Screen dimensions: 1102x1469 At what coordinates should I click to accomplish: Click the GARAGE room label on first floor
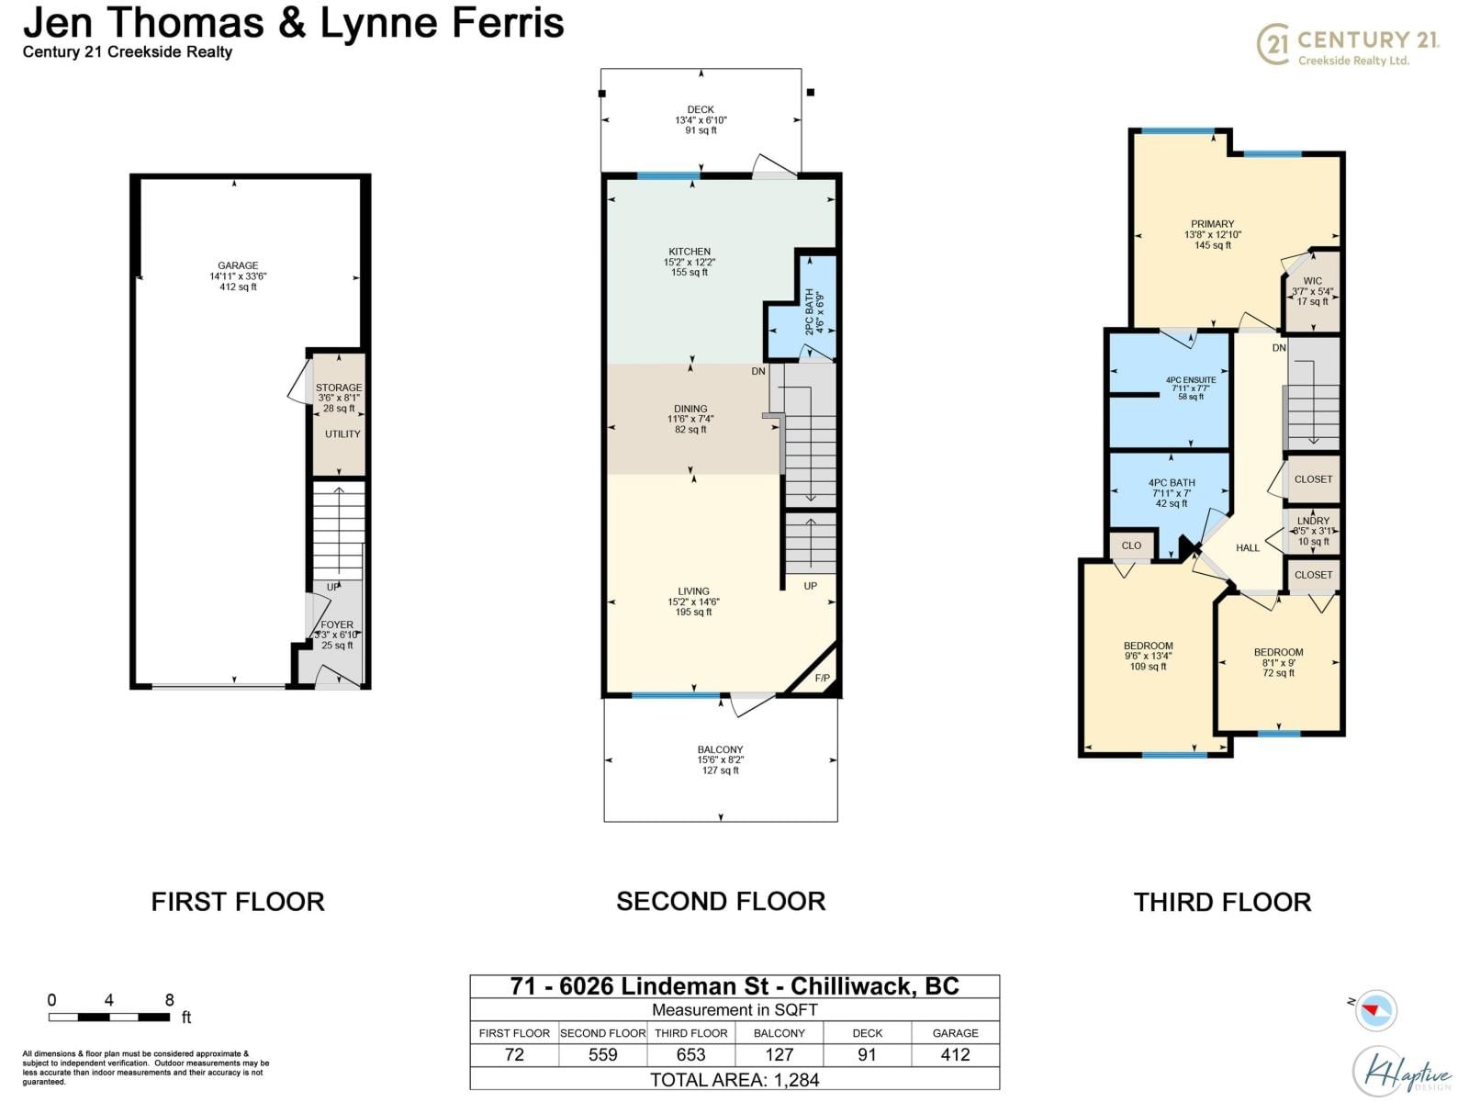click(x=238, y=265)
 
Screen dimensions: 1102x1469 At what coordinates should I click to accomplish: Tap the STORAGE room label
click(x=339, y=388)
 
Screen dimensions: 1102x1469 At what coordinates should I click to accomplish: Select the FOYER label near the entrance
click(x=337, y=624)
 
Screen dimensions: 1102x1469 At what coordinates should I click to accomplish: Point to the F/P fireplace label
click(x=822, y=679)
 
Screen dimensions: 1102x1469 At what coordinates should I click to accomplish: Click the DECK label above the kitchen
click(x=701, y=109)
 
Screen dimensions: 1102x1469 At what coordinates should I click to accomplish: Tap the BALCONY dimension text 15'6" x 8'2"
click(x=721, y=760)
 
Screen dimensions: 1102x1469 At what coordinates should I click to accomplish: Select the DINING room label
click(x=690, y=409)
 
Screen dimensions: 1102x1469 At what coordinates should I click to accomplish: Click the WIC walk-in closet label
click(x=1313, y=281)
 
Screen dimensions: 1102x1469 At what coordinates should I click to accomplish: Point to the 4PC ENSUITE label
click(x=1191, y=379)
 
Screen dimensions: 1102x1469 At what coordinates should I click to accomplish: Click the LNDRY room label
click(x=1313, y=521)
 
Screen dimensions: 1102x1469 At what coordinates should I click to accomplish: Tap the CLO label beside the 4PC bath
click(x=1131, y=545)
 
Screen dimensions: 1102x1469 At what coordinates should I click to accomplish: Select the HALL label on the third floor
click(x=1248, y=548)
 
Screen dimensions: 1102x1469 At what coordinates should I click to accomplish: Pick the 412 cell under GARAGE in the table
click(x=955, y=1055)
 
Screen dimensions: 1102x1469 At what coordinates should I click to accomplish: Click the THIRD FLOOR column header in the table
click(x=690, y=1033)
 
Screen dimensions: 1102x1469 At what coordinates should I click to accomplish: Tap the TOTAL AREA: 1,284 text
click(x=734, y=1080)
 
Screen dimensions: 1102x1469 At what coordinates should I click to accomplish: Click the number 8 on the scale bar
click(x=169, y=1000)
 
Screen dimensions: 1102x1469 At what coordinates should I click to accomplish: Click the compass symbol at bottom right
click(x=1374, y=1010)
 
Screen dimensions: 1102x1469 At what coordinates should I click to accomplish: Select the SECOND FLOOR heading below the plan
click(x=721, y=901)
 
